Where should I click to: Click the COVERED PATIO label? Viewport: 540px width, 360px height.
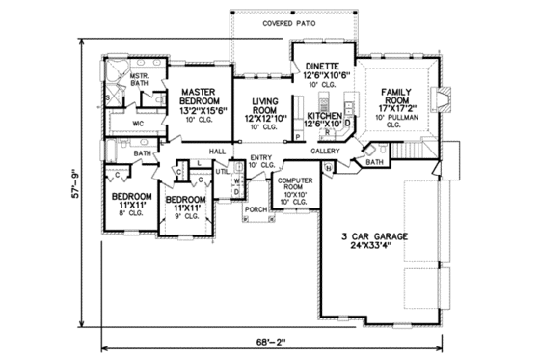coord(263,21)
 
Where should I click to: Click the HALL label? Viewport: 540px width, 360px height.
coord(217,152)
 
